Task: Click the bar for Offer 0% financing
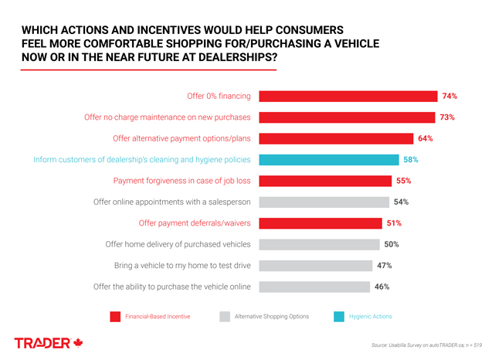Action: (x=348, y=97)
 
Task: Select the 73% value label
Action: (x=447, y=117)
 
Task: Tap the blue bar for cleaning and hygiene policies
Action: (x=329, y=160)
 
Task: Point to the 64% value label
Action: (x=425, y=139)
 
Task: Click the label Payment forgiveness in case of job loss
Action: (x=181, y=181)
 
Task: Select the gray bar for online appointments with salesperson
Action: (x=324, y=202)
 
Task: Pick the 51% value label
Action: (x=393, y=223)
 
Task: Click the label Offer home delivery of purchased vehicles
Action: (x=178, y=244)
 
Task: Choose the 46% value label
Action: (x=382, y=287)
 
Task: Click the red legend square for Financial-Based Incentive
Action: (x=115, y=317)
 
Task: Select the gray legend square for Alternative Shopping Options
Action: (x=225, y=317)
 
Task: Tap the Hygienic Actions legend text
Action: (x=371, y=317)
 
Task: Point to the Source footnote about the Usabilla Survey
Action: (x=426, y=345)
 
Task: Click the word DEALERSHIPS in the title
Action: (x=232, y=57)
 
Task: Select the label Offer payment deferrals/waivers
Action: (x=195, y=223)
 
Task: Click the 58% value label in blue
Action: (x=410, y=160)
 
